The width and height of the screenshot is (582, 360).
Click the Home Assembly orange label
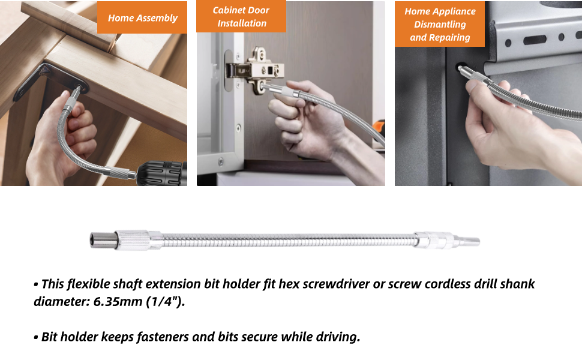click(x=142, y=17)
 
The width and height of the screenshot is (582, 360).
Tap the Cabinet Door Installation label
click(x=241, y=16)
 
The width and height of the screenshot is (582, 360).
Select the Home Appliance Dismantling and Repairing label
click(x=440, y=24)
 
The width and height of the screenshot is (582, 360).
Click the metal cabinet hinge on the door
click(x=256, y=70)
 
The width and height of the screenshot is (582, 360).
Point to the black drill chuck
click(x=162, y=173)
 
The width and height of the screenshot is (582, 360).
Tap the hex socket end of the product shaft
click(x=102, y=239)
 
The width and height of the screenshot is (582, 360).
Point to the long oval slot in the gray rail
click(x=535, y=39)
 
